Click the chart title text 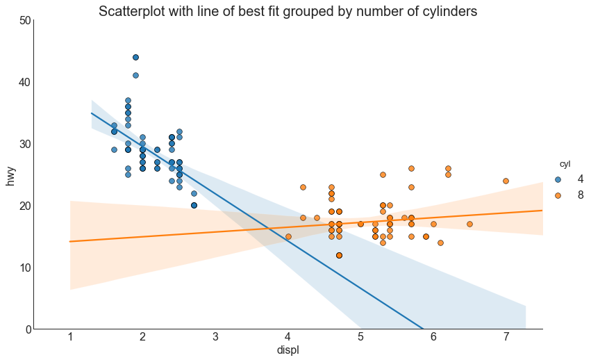pyautogui.click(x=288, y=12)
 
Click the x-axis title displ pyautogui.click(x=288, y=350)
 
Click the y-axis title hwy pyautogui.click(x=10, y=175)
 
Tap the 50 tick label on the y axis pyautogui.click(x=24, y=21)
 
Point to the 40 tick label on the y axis pyautogui.click(x=24, y=83)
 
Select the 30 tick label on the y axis pyautogui.click(x=24, y=144)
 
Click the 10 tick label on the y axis pyautogui.click(x=24, y=268)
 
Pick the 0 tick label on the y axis pyautogui.click(x=27, y=329)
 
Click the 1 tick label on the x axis pyautogui.click(x=70, y=337)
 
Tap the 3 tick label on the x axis pyautogui.click(x=215, y=337)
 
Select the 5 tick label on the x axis pyautogui.click(x=360, y=337)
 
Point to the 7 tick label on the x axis pyautogui.click(x=506, y=337)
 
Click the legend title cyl pyautogui.click(x=565, y=164)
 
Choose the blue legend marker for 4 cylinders pyautogui.click(x=558, y=179)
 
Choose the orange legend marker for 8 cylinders pyautogui.click(x=558, y=195)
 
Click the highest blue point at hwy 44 pyautogui.click(x=135, y=58)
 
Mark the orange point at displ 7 pyautogui.click(x=506, y=181)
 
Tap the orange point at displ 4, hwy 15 pyautogui.click(x=288, y=236)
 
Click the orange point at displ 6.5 pyautogui.click(x=469, y=224)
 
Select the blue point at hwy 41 pyautogui.click(x=135, y=76)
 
